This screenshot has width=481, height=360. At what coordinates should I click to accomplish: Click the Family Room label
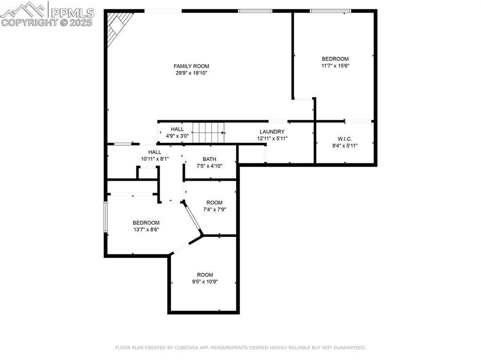point(192,66)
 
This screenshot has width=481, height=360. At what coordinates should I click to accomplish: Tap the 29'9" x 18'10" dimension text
point(192,73)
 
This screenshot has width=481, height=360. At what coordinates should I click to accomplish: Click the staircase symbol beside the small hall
point(209,133)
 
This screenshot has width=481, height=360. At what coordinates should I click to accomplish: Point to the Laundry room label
point(272,131)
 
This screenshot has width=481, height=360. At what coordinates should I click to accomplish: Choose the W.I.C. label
point(345,139)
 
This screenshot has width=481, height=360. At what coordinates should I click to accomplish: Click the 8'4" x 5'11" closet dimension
point(345,146)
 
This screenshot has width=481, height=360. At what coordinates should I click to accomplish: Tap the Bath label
point(209,159)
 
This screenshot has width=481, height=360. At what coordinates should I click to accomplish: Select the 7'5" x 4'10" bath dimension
point(209,166)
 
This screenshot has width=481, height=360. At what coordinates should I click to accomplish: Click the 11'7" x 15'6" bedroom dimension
point(335,66)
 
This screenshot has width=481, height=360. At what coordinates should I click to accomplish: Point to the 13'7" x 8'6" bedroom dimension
point(146,230)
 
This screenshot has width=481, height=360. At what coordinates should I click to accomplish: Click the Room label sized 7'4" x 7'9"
point(214,203)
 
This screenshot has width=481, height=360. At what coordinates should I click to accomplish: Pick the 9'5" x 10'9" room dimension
point(205,282)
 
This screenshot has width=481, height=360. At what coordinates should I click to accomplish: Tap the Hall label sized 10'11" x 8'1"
point(155,152)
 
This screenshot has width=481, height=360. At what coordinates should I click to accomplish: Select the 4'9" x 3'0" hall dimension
point(177,136)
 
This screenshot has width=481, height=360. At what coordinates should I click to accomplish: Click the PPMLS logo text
point(72,13)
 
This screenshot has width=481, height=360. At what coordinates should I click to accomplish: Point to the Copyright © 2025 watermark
point(47,23)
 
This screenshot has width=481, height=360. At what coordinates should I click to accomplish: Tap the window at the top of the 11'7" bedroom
point(330,11)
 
